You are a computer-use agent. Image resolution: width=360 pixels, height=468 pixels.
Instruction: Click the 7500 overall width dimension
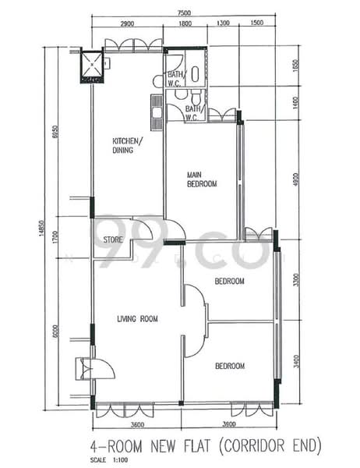(x=183, y=13)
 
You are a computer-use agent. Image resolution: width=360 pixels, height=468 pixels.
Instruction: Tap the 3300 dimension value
(x=295, y=278)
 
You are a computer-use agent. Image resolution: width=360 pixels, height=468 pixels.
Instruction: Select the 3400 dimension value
(x=295, y=363)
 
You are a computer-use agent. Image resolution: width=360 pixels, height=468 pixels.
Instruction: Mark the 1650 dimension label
(x=295, y=67)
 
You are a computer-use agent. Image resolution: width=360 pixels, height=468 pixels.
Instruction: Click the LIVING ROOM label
(x=137, y=318)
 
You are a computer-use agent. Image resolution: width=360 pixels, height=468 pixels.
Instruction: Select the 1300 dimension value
(x=224, y=24)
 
